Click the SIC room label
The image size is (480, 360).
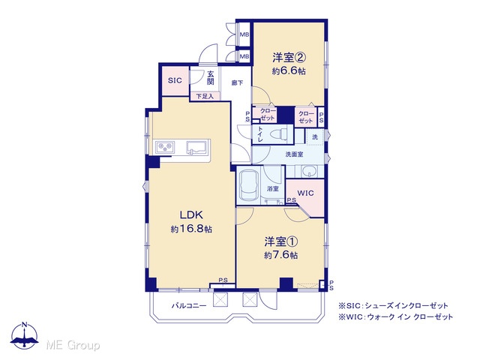175,80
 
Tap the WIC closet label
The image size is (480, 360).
305,193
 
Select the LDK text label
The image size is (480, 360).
191,215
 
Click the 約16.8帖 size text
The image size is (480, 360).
191,229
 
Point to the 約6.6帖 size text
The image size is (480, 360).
289,71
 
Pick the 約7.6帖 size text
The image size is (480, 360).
280,255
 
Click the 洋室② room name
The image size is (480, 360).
289,57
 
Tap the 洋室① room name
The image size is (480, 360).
281,241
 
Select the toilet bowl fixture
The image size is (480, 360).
279,134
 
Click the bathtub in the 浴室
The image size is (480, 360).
248,185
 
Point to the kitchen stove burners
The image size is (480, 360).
165,147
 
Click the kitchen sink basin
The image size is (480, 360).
197,147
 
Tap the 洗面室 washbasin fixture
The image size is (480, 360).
308,172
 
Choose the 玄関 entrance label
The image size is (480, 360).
210,78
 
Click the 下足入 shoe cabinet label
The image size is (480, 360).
205,97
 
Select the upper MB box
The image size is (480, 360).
244,34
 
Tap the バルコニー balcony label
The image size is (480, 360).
189,305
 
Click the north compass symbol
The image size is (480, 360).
24,335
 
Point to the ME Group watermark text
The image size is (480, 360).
73,345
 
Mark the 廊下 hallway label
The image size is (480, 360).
237,82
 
